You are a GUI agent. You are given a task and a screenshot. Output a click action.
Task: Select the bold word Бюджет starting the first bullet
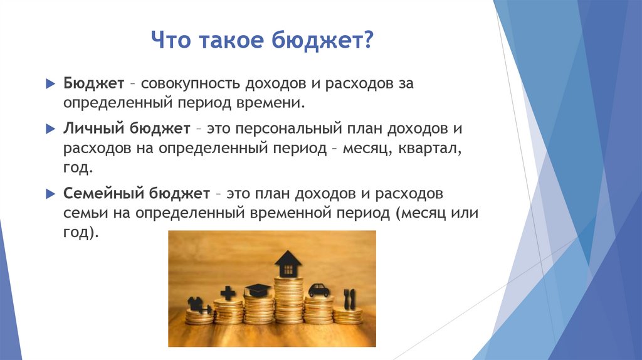tap(93, 83)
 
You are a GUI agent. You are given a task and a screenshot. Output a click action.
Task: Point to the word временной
tap(289, 213)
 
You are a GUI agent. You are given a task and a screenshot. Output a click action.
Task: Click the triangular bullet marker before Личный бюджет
tap(51, 129)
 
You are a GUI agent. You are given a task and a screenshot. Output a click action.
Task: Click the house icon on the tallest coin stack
tap(288, 263)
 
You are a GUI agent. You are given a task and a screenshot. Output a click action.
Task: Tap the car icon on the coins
tap(319, 290)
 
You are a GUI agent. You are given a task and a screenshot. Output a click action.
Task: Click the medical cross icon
tap(228, 293)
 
